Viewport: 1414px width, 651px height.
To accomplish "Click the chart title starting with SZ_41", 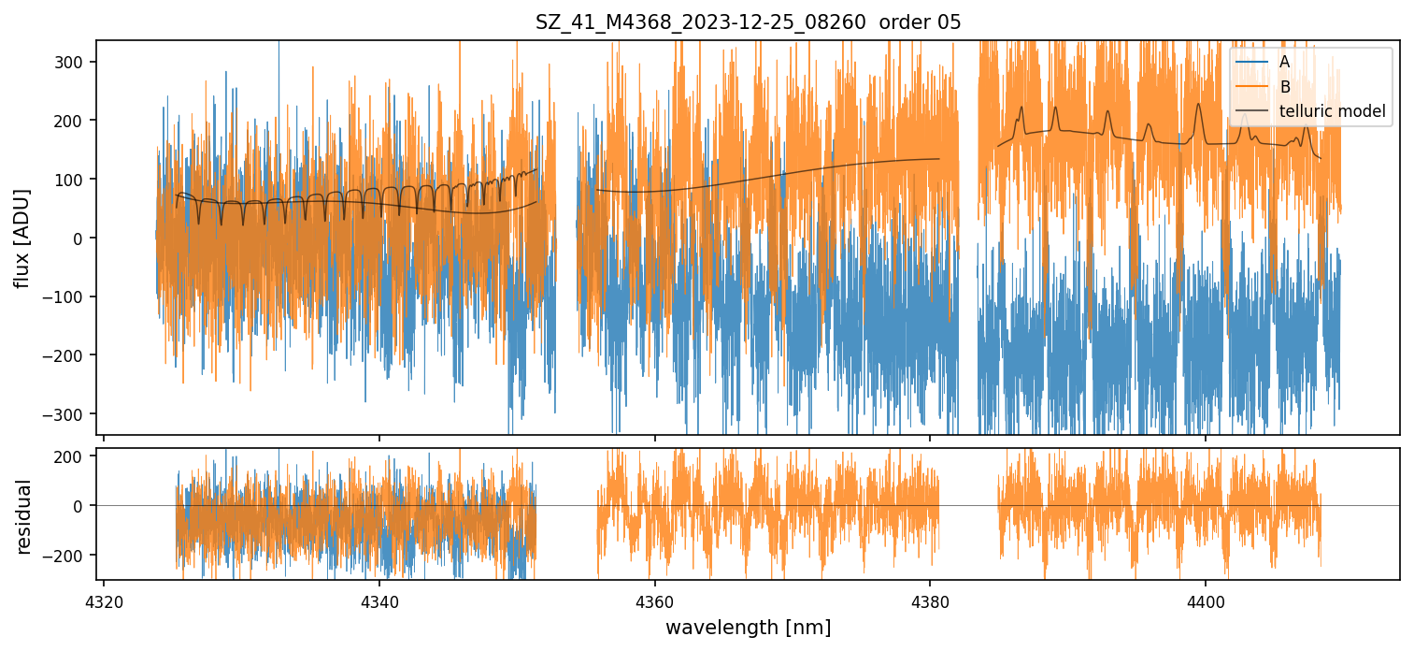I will [x=748, y=22].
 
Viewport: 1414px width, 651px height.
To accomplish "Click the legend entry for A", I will [x=1284, y=62].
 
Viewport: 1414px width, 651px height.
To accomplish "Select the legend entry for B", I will [x=1285, y=87].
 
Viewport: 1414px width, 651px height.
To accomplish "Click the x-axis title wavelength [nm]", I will [x=748, y=627].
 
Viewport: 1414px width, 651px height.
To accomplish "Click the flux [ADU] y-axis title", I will [x=22, y=238].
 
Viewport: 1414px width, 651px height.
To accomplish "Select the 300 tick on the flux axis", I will [x=74, y=62].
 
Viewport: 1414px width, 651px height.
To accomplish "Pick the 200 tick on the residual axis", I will [x=74, y=456].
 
